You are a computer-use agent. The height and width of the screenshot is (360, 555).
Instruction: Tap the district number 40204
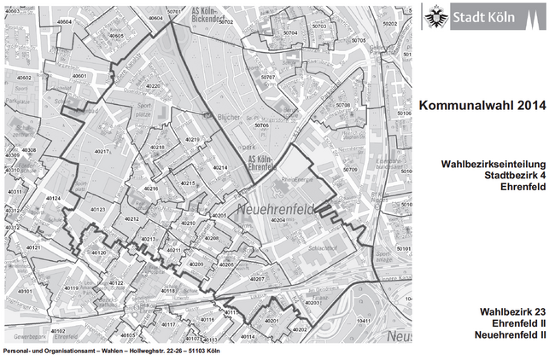pos(279,220)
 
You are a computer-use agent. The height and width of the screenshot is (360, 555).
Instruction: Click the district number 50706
pos(261,125)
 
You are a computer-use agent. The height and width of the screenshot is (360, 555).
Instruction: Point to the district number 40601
pos(81,76)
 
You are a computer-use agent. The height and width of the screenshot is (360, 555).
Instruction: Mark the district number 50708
pos(343,105)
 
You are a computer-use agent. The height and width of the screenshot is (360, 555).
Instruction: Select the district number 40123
pos(96,209)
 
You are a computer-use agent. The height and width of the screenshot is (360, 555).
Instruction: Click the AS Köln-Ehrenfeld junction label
pos(260,162)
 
